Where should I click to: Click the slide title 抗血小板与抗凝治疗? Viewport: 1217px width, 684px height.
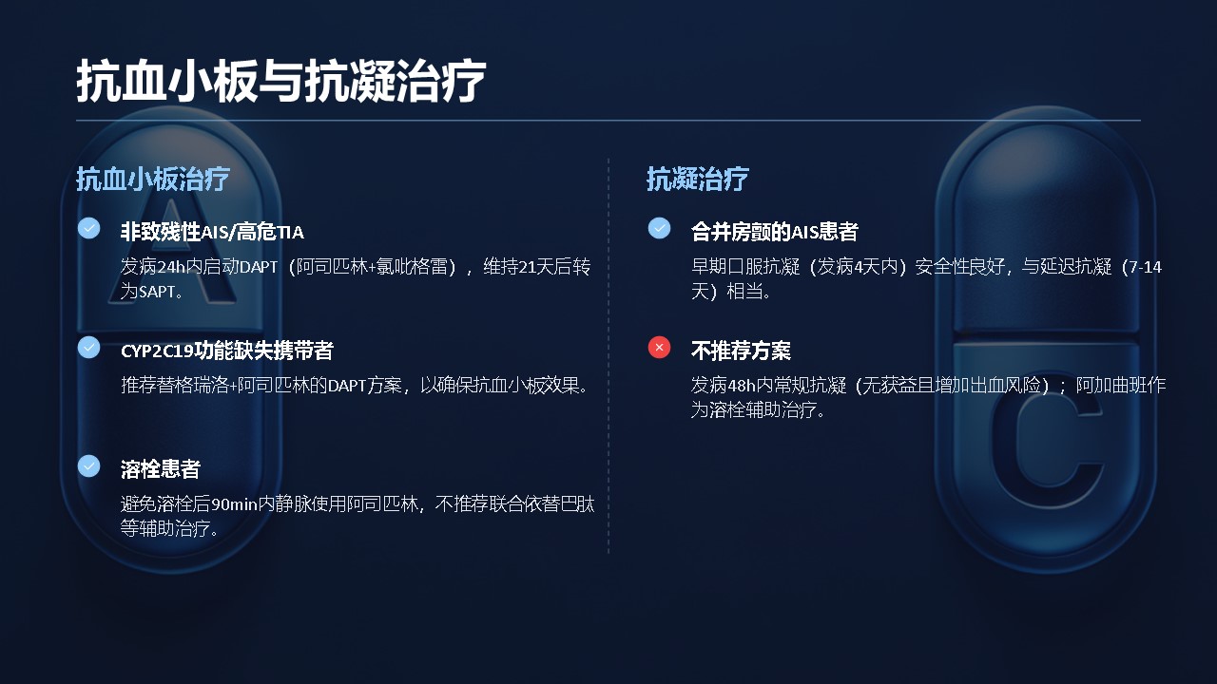pos(280,82)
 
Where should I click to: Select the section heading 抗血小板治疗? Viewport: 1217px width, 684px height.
pos(153,179)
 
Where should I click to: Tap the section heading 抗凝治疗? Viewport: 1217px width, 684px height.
pos(698,179)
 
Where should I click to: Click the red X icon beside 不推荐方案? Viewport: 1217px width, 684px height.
pos(659,348)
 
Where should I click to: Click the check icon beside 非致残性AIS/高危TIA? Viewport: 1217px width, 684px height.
pos(88,228)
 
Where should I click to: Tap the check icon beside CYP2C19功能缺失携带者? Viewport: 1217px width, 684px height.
pos(88,348)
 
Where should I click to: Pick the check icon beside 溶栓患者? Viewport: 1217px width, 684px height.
pos(88,465)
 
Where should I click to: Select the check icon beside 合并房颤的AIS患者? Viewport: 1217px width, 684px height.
pos(659,228)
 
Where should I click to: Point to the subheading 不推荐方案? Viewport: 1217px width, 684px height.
pos(741,351)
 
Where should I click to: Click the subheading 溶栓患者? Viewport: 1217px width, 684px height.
pos(161,469)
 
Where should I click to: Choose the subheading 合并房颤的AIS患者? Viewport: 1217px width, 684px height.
pos(774,232)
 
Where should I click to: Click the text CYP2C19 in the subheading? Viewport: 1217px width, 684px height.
pos(157,351)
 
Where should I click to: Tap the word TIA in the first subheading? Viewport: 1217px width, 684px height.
pos(290,233)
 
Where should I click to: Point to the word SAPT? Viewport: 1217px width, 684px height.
pos(157,292)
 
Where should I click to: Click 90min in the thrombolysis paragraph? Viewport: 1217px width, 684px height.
pos(234,504)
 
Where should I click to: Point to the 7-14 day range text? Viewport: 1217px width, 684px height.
pos(1146,267)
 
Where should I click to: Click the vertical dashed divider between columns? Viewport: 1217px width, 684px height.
pos(608,355)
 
